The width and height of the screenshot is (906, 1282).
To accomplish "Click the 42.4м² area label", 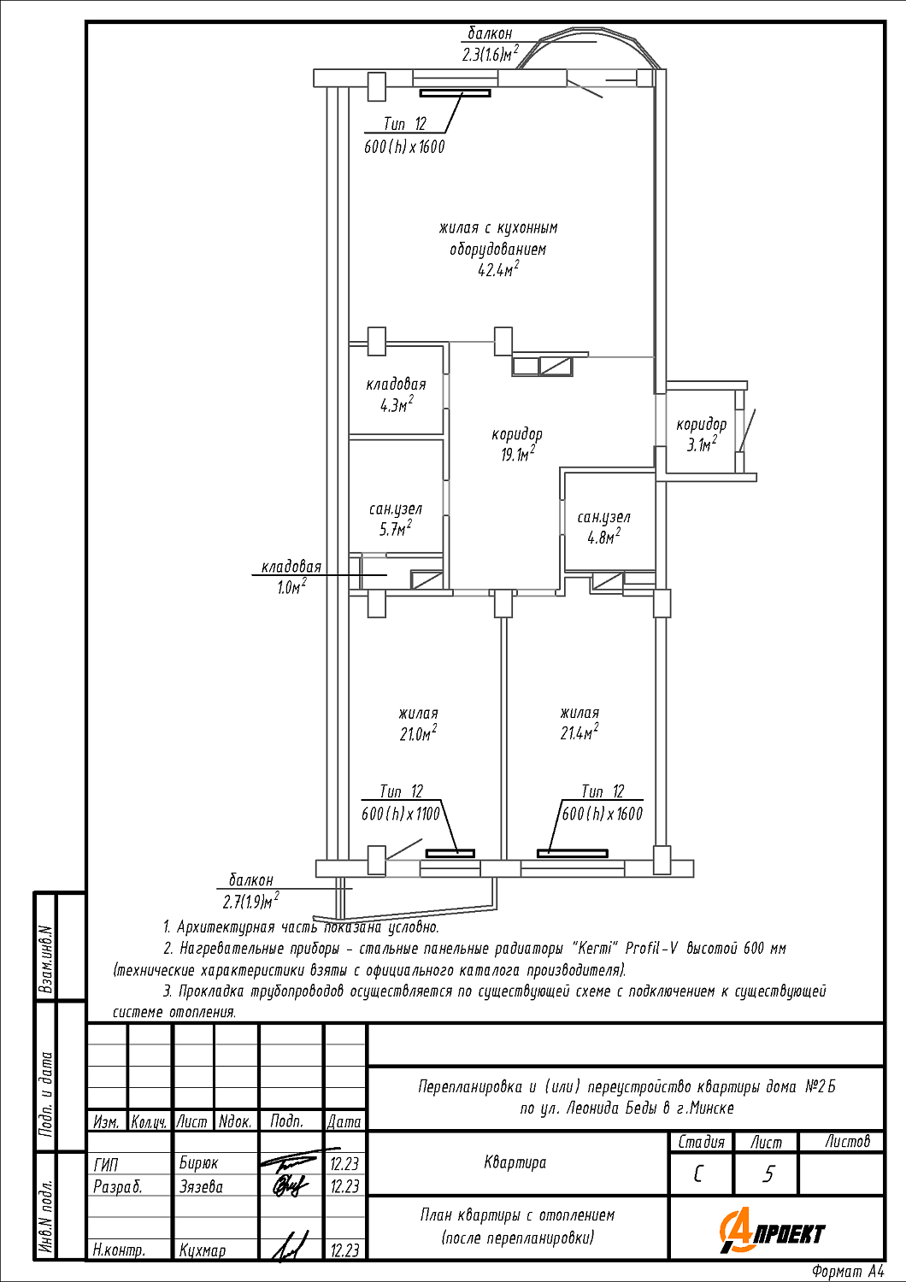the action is click(x=498, y=268).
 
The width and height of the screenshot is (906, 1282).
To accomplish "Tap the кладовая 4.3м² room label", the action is click(x=396, y=395).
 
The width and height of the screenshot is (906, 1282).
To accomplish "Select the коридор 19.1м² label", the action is click(x=517, y=444).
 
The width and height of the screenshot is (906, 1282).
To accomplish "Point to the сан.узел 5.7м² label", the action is click(x=396, y=519).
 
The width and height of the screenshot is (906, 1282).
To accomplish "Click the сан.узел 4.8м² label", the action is click(x=603, y=527).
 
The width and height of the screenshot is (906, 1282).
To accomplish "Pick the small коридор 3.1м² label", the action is click(x=701, y=434).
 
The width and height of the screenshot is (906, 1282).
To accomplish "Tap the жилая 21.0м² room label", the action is click(x=418, y=723).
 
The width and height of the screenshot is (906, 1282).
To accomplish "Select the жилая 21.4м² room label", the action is click(x=579, y=723).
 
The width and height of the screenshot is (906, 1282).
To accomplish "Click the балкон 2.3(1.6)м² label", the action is click(x=490, y=43).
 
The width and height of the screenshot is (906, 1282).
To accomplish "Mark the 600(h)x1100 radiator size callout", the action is click(x=401, y=814).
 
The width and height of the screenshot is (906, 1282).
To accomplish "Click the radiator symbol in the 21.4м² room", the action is click(x=573, y=853).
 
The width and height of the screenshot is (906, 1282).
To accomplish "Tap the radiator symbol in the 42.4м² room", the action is click(x=455, y=92).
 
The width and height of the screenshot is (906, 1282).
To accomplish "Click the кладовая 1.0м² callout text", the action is click(x=291, y=576).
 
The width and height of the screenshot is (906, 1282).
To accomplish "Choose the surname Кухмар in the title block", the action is click(x=202, y=1250).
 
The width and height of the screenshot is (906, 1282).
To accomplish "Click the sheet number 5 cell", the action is click(x=768, y=1174).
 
